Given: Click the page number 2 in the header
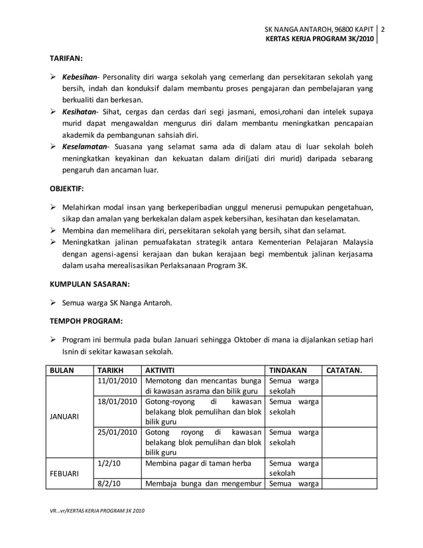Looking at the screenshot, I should [x=383, y=29].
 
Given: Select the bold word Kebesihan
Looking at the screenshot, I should [x=80, y=76].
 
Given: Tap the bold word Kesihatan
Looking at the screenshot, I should [x=80, y=111].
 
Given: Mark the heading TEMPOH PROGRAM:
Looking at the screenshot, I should [x=85, y=321].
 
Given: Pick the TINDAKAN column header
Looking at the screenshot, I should [x=287, y=370].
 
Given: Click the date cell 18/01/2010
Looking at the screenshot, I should [x=117, y=402].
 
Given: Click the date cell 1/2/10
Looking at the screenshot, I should [x=107, y=465].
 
